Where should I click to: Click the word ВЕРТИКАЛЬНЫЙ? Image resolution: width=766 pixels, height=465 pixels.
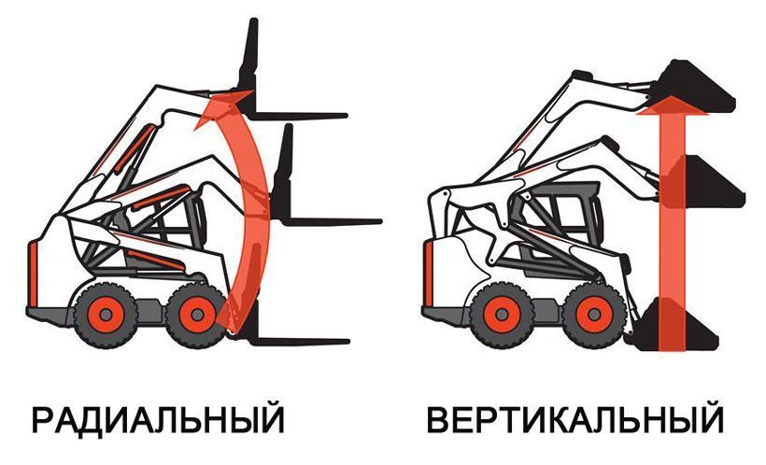(575, 419)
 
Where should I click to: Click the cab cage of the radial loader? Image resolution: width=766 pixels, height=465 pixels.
(173, 219)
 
